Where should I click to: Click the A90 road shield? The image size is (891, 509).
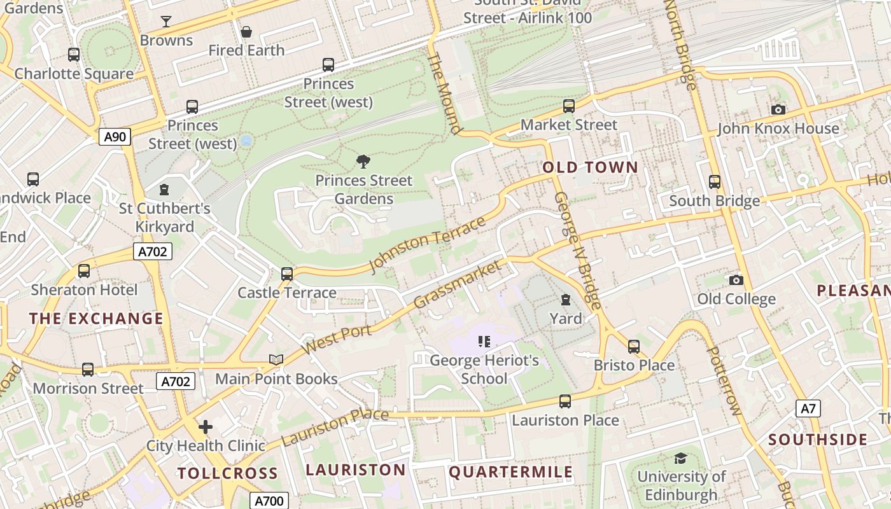(x=115, y=136)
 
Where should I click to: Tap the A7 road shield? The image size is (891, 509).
(x=808, y=408)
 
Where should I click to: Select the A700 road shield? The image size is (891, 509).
(x=269, y=501)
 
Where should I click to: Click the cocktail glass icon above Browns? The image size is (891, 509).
(x=166, y=22)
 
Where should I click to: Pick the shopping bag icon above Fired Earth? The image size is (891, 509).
(x=246, y=32)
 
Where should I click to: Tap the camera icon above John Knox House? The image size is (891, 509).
(x=778, y=110)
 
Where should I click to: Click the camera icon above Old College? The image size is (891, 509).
(x=736, y=280)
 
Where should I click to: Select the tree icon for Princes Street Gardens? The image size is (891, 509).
(x=363, y=162)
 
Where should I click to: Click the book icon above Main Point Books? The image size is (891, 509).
(x=276, y=360)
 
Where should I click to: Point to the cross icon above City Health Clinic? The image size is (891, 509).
(x=206, y=426)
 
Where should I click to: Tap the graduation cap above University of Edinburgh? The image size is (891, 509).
(x=680, y=458)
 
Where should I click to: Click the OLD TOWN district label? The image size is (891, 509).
(x=590, y=167)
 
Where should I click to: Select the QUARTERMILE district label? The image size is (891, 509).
(x=511, y=472)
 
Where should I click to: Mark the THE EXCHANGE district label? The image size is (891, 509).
(x=96, y=319)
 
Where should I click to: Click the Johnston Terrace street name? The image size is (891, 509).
(x=428, y=244)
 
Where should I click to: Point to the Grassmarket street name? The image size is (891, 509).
(x=457, y=284)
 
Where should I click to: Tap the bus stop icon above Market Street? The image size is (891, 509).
(x=569, y=106)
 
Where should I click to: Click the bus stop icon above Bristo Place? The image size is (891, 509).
(x=634, y=347)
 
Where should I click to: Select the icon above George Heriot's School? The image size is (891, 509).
(x=484, y=342)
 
